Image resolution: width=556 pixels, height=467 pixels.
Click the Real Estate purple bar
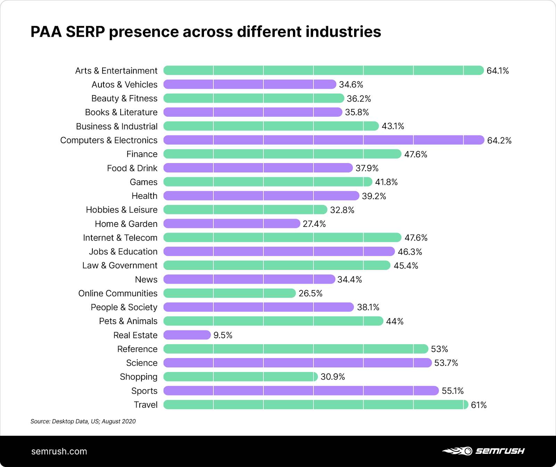click(x=187, y=335)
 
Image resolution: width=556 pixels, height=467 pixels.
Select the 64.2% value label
click(x=499, y=141)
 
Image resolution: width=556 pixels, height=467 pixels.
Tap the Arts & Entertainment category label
click(x=116, y=71)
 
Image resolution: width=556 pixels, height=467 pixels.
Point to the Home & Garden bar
click(x=231, y=224)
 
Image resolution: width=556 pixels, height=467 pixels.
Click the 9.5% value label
click(x=223, y=335)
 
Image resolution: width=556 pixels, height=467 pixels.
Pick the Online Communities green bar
click(x=229, y=293)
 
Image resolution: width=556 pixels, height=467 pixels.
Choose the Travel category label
click(x=146, y=405)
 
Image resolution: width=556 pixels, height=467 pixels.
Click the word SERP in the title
click(x=85, y=32)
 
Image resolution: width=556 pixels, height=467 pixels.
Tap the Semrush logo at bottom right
click(x=483, y=451)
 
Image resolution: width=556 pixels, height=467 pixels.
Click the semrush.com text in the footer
click(x=59, y=451)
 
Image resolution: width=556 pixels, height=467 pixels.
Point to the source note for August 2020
click(x=83, y=421)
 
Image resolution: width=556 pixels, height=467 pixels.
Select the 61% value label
click(x=479, y=405)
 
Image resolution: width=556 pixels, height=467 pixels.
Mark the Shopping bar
click(x=240, y=376)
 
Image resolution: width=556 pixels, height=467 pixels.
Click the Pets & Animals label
click(x=128, y=321)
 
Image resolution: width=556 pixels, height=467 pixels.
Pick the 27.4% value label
click(x=314, y=224)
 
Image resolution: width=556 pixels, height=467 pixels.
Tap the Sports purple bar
click(x=301, y=391)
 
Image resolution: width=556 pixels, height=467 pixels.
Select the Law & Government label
click(x=120, y=265)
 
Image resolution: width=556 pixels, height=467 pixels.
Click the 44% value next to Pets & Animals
click(x=395, y=321)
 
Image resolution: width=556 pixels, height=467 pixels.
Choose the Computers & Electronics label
click(x=108, y=140)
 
